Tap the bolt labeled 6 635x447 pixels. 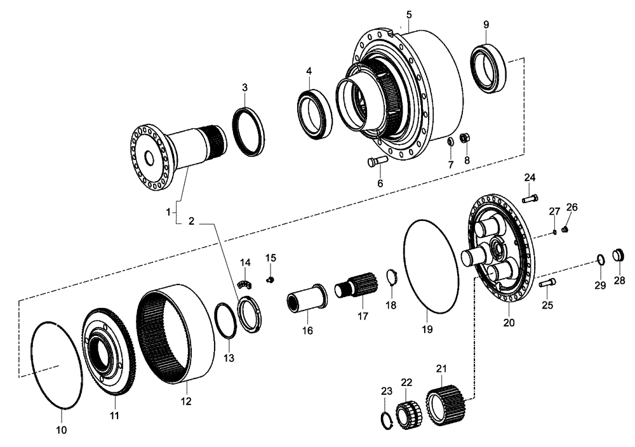(377, 162)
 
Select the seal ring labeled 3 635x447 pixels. (251, 131)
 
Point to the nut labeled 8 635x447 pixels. (465, 138)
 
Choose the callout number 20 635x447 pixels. (509, 322)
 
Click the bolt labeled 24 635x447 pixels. (530, 199)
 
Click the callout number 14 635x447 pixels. (246, 262)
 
